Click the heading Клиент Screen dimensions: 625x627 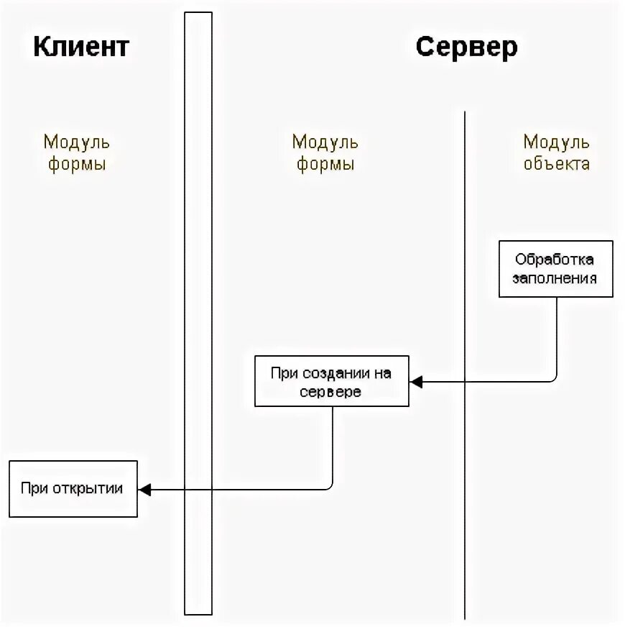[x=80, y=47]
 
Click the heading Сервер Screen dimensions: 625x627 [x=466, y=47]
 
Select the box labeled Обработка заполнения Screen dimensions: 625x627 [x=556, y=269]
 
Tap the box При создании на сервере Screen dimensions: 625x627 [x=331, y=381]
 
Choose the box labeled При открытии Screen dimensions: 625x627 [x=73, y=489]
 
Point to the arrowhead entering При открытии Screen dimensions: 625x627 [x=144, y=490]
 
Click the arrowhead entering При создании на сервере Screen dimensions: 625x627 [x=415, y=382]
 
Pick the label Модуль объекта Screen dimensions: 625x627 [x=556, y=152]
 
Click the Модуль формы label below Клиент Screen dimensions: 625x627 [x=76, y=152]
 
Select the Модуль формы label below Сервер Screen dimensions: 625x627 [x=325, y=152]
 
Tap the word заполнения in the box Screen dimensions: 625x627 [x=555, y=278]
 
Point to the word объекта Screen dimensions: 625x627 [x=556, y=163]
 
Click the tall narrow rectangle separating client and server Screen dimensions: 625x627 [x=198, y=313]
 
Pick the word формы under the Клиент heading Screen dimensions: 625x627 [x=76, y=164]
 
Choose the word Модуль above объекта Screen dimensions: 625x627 [x=556, y=142]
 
